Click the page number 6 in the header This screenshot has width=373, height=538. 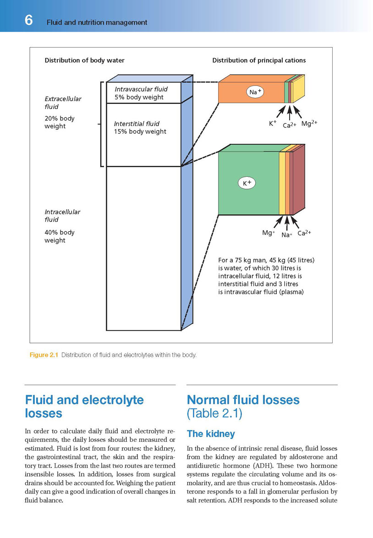coord(28,21)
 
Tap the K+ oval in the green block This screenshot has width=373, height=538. coord(247,183)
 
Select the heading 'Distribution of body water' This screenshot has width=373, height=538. coord(84,60)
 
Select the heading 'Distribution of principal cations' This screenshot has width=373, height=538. coord(259,60)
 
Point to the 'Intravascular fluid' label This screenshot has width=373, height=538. coord(141,89)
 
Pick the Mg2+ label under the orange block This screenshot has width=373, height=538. coord(309,124)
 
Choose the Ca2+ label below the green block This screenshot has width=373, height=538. coord(304,233)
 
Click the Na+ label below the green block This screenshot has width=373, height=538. coord(287,235)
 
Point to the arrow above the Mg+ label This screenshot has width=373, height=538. coord(278,222)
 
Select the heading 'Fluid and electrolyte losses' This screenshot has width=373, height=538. coord(84,407)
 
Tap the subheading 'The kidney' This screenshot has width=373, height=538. coord(211,434)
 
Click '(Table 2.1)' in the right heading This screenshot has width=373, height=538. coord(214,413)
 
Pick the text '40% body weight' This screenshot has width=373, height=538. coord(59,236)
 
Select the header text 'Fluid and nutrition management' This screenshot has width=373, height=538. coord(97,22)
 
